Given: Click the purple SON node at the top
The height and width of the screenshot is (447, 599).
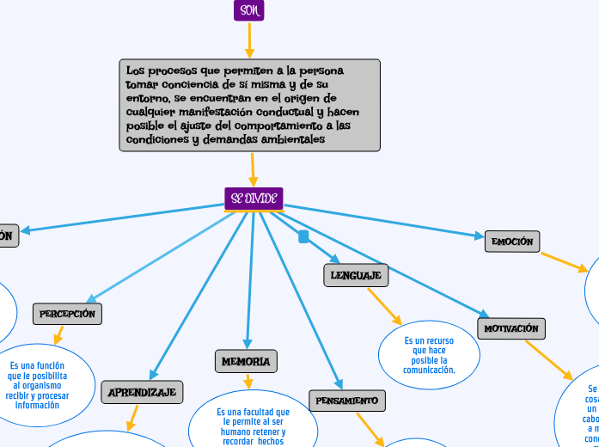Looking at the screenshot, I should coord(249,10).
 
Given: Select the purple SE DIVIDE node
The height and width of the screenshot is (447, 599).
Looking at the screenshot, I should coord(254,199).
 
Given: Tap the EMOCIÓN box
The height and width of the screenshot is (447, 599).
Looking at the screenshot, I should coord(512,242).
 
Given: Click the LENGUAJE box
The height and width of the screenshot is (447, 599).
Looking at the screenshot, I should coord(356,275).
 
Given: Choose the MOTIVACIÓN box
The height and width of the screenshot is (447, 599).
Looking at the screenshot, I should coord(511,328).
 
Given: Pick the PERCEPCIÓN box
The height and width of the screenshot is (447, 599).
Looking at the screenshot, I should coord(67,314).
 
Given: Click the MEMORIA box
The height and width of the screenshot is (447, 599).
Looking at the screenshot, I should coord(246,361).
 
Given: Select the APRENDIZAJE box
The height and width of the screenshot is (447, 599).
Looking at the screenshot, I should coord(142,392).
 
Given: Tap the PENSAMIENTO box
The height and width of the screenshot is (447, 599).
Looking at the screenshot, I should coord(347,401).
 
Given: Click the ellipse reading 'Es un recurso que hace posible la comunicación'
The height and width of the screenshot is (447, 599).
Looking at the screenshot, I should coord(429,355).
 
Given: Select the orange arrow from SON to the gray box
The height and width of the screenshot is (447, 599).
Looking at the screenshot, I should coord(250,40).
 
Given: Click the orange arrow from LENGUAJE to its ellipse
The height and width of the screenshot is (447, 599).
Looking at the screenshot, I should coord(384,306).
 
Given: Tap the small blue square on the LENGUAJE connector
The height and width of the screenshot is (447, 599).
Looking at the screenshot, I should coord(303,236).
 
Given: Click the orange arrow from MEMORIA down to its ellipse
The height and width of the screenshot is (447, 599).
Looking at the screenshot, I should coord(248,381).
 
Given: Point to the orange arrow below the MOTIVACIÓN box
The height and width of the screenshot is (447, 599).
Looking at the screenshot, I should coord(548,359).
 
